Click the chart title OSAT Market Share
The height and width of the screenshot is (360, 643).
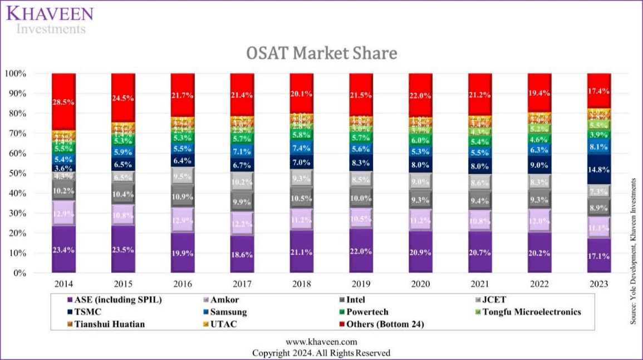pos(321,53)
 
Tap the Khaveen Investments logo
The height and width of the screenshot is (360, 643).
pos(51,20)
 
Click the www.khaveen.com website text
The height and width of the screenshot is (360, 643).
pos(321,342)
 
